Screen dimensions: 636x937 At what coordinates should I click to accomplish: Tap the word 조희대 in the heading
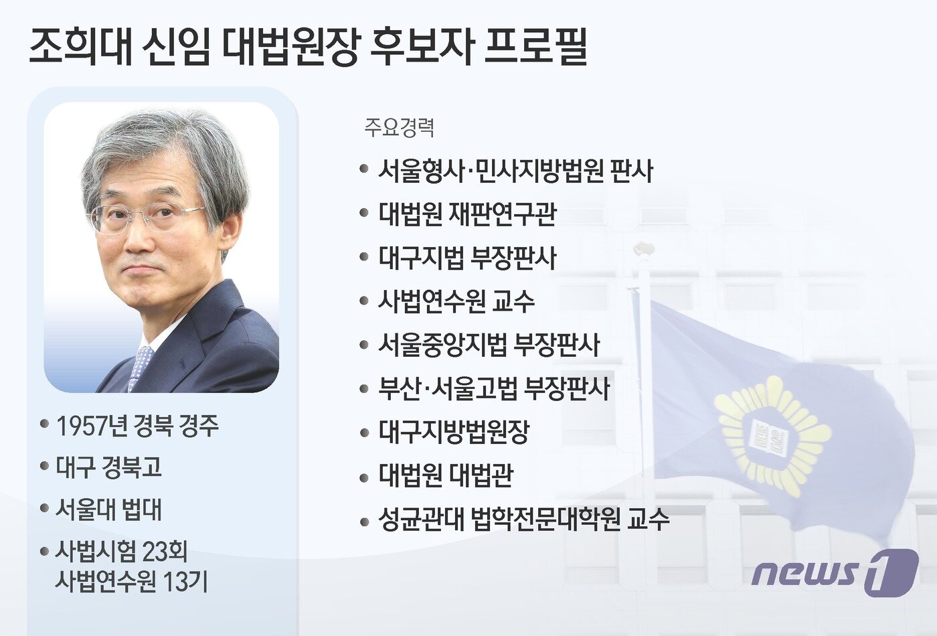(80, 47)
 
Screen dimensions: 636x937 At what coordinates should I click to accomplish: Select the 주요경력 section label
(400, 127)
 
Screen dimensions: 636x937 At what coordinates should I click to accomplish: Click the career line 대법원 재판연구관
(467, 214)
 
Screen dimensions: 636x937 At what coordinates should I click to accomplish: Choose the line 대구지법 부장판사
(467, 258)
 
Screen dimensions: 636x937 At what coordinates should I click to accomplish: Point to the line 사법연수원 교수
(456, 301)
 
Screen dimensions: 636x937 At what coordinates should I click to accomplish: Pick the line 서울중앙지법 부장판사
(489, 345)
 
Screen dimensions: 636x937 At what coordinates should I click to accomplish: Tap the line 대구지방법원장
(454, 432)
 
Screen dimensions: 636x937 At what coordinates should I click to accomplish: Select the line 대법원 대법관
(446, 475)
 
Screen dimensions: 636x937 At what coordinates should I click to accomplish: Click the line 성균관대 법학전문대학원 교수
(523, 520)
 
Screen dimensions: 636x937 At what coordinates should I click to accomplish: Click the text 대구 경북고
(109, 467)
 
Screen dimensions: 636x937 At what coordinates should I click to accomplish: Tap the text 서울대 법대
(109, 509)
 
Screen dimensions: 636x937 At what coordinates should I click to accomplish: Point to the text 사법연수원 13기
(132, 581)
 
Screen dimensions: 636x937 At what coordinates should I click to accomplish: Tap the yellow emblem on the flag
(770, 435)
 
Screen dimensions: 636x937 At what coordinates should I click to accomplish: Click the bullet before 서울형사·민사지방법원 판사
(364, 170)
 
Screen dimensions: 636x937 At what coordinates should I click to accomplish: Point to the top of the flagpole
(643, 249)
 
